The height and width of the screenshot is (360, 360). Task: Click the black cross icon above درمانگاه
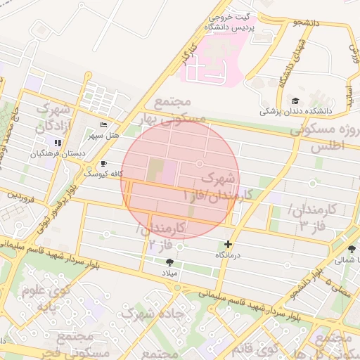pos(228,244)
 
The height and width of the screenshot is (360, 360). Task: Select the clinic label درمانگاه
pos(228,255)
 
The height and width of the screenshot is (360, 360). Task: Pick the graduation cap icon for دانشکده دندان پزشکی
pos(295,101)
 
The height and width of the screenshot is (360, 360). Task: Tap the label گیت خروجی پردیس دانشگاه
pos(229,21)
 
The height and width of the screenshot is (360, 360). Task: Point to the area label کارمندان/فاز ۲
pos(165,236)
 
